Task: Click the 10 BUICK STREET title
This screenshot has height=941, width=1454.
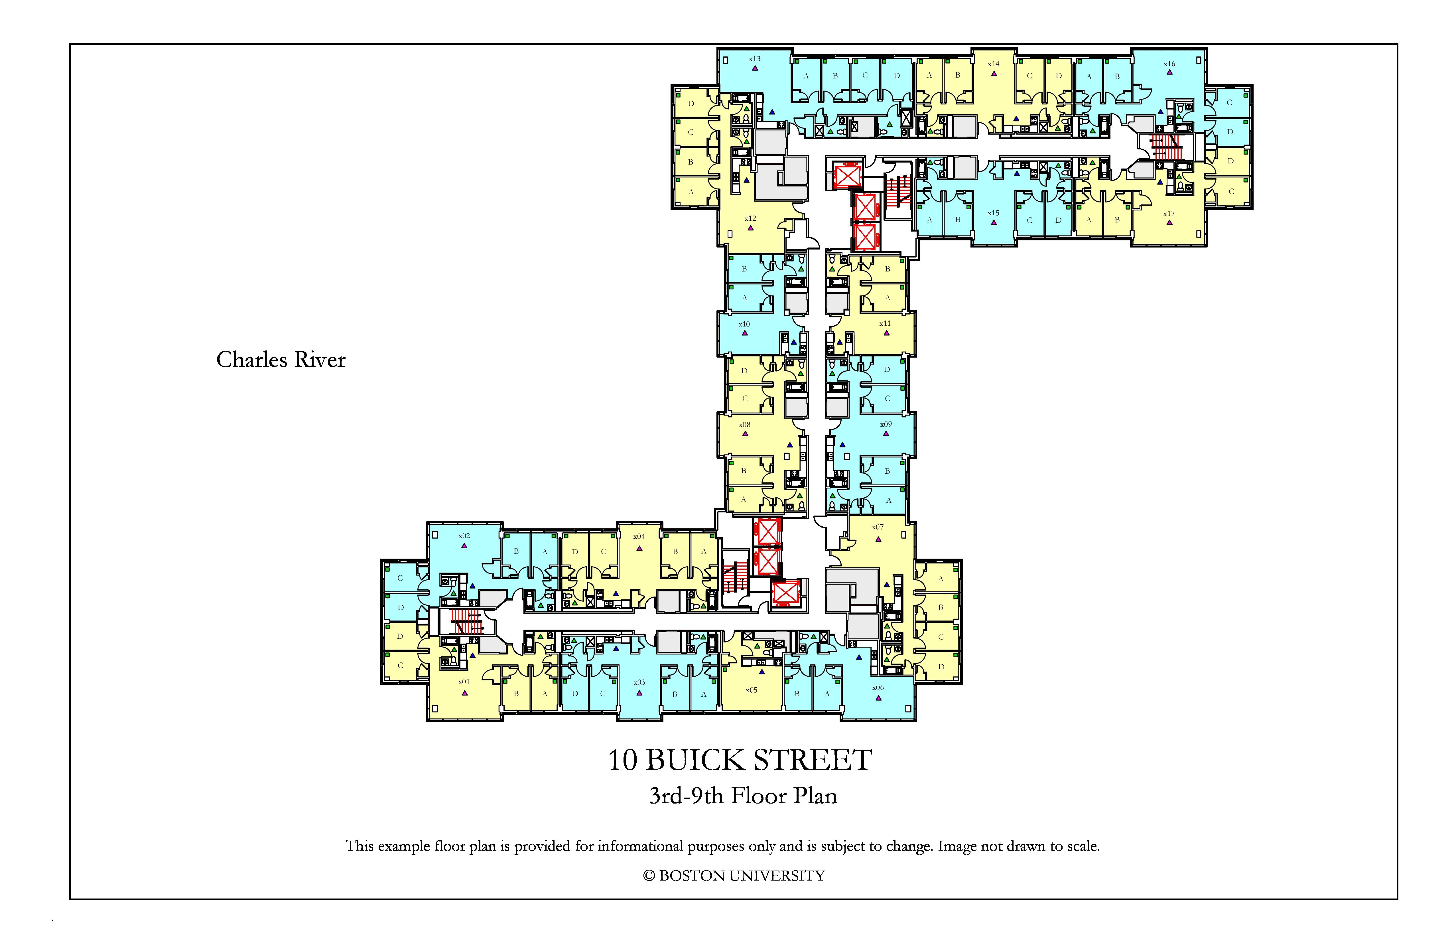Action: (740, 760)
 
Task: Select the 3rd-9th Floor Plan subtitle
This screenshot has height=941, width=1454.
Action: (743, 796)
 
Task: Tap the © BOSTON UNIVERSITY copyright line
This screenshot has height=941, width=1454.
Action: (734, 876)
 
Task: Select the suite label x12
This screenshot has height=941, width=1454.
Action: (750, 218)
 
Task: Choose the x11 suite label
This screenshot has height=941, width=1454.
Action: (885, 323)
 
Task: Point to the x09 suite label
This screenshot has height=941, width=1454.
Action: (886, 424)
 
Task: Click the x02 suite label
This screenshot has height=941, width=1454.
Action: (464, 536)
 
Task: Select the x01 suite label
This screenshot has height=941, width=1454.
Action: (464, 682)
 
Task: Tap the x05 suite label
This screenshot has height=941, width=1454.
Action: (752, 690)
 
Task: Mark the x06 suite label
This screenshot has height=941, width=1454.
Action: (878, 688)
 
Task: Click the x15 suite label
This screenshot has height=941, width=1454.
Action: (993, 213)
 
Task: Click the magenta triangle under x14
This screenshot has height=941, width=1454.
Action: (994, 73)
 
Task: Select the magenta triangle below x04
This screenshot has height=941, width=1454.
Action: (639, 548)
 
